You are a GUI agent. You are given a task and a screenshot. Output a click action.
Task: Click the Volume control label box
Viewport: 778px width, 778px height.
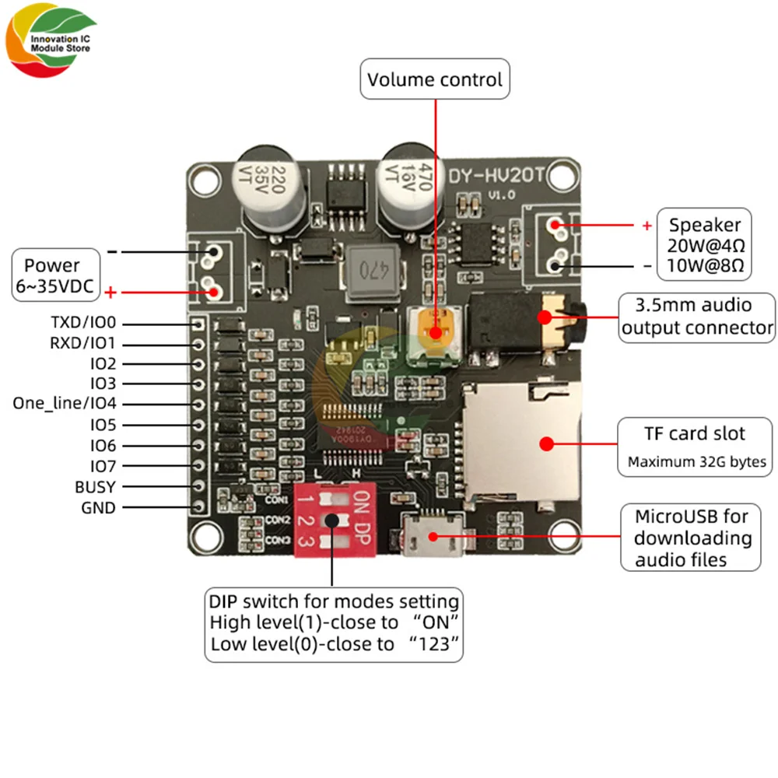435,79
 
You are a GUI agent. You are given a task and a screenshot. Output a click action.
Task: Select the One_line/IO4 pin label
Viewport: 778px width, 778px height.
65,403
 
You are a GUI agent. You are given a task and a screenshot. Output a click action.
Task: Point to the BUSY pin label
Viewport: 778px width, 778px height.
95,487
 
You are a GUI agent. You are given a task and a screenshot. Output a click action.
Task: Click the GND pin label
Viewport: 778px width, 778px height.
99,508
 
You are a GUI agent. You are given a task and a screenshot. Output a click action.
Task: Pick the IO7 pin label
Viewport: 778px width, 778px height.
103,466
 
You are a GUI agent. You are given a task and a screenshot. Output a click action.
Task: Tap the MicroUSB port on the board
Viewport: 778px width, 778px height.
433,535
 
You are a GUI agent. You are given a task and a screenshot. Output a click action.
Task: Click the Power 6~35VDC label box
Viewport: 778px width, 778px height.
58,275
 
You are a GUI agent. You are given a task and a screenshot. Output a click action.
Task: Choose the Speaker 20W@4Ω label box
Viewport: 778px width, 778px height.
705,245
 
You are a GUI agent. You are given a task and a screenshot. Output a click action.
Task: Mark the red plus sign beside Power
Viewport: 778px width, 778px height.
110,293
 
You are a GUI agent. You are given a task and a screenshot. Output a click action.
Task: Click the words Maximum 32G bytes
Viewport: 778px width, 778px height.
697,462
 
